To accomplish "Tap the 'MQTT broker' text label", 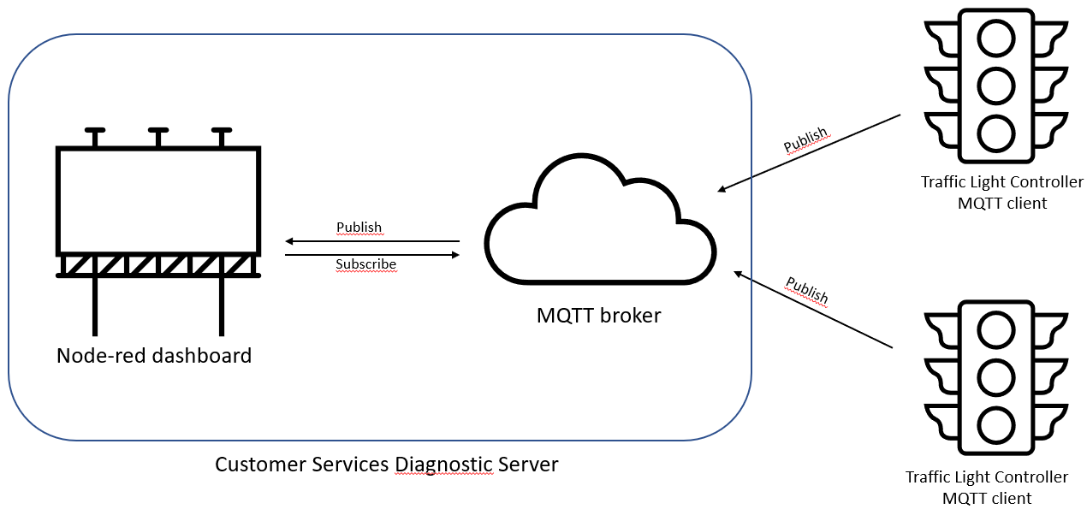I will (x=598, y=315).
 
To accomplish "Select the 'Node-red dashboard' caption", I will (x=154, y=355).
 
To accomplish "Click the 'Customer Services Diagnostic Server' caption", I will (x=386, y=465).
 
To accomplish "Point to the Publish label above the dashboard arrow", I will (x=359, y=227).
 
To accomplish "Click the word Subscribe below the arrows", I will (x=365, y=264).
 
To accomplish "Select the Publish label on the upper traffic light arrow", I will (x=806, y=139).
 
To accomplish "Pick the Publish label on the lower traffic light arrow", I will (x=807, y=289).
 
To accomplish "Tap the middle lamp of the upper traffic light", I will (x=996, y=85).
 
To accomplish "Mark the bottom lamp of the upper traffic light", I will (x=996, y=133).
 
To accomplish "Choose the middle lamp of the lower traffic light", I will (x=996, y=376).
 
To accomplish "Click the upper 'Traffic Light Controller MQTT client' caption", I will (x=1001, y=192).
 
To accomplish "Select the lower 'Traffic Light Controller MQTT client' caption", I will (x=987, y=488).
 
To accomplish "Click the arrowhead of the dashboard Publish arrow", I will (x=290, y=242).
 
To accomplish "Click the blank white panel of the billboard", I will (x=158, y=198).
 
